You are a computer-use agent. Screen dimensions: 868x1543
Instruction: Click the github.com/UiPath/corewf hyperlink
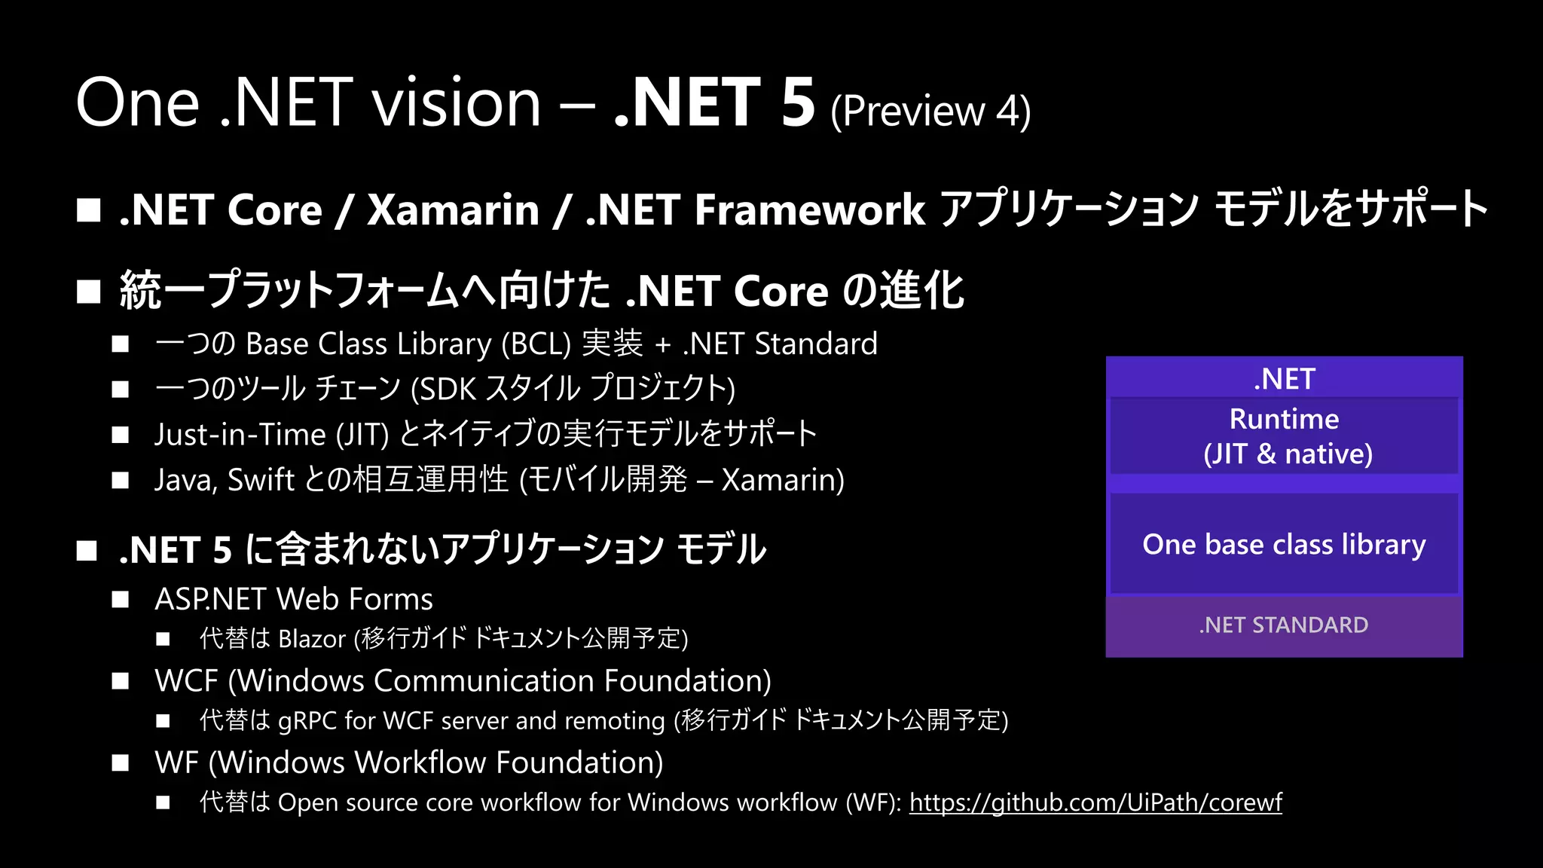(1095, 802)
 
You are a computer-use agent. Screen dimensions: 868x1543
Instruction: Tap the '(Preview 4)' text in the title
(930, 112)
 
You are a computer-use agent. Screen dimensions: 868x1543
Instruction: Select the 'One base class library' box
(1284, 544)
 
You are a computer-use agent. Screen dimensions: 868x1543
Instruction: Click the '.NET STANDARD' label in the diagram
(1284, 625)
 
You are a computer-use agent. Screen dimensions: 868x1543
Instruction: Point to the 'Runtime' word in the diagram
(1284, 419)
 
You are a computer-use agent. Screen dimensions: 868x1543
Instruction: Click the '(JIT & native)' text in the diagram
(1288, 454)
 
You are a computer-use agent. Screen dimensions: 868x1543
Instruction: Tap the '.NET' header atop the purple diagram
(1284, 379)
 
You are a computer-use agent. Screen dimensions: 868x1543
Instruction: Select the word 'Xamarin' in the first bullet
(453, 209)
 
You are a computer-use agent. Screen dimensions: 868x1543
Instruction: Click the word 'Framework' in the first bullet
(809, 209)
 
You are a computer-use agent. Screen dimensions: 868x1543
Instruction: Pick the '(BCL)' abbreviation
(536, 344)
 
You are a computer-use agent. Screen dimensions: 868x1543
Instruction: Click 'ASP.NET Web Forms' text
(293, 600)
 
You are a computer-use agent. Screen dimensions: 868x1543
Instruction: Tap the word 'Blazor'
(311, 639)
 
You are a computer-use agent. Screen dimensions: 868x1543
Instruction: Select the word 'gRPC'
(307, 721)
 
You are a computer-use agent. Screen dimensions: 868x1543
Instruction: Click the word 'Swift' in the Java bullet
(261, 480)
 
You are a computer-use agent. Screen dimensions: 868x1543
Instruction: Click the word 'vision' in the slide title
(457, 102)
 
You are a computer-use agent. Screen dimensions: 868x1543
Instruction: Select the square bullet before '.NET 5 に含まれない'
(87, 551)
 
